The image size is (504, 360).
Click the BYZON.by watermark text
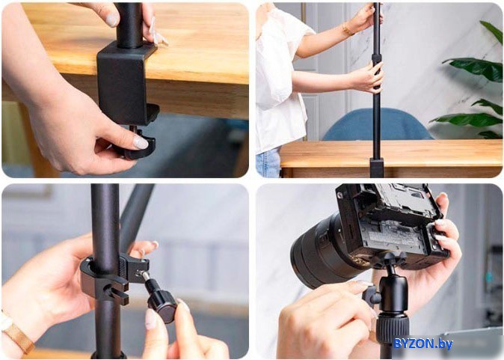[x=423, y=344]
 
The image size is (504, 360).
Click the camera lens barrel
[x=325, y=251]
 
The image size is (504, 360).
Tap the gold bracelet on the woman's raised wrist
[x=348, y=30]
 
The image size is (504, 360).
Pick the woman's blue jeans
[x=268, y=163]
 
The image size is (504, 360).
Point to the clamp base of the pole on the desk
[x=377, y=168]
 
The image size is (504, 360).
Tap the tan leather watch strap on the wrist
[x=18, y=335]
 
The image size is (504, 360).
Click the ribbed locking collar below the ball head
[x=392, y=328]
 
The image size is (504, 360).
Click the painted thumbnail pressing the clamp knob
[x=140, y=142]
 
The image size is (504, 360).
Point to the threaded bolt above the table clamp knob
[x=133, y=129]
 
